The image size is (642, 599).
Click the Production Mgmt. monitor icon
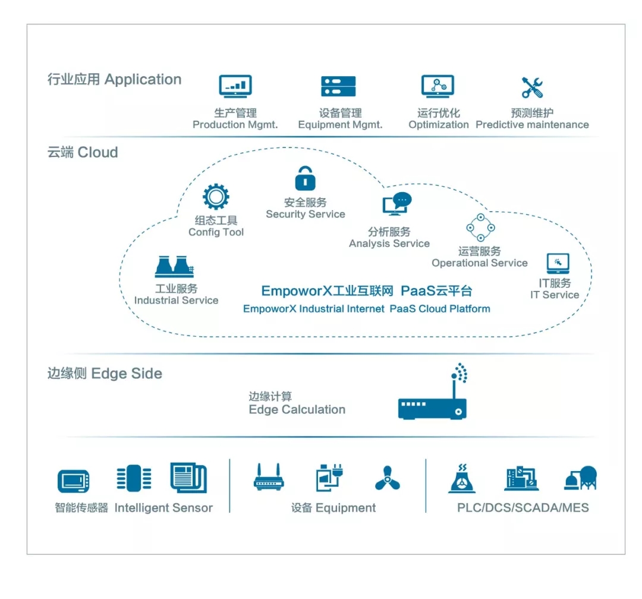point(235,86)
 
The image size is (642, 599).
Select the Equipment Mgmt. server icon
point(338,87)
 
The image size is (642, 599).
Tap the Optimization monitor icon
point(438,86)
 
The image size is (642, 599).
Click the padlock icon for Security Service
point(306,178)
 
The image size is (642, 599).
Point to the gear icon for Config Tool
point(216,197)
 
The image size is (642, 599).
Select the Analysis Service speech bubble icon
point(396,204)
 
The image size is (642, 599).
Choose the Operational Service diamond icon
point(480,227)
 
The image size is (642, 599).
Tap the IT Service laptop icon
point(558,264)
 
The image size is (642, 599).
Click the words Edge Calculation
point(297,410)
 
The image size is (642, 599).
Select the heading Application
point(143,80)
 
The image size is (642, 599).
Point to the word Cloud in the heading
point(98,153)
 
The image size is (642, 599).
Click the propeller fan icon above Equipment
point(388,478)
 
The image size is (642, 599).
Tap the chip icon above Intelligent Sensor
point(134,478)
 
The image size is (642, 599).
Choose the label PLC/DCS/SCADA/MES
point(523,508)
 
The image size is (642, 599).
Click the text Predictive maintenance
point(532,125)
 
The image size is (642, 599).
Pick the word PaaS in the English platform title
point(402,309)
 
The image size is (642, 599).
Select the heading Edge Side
point(127,374)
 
